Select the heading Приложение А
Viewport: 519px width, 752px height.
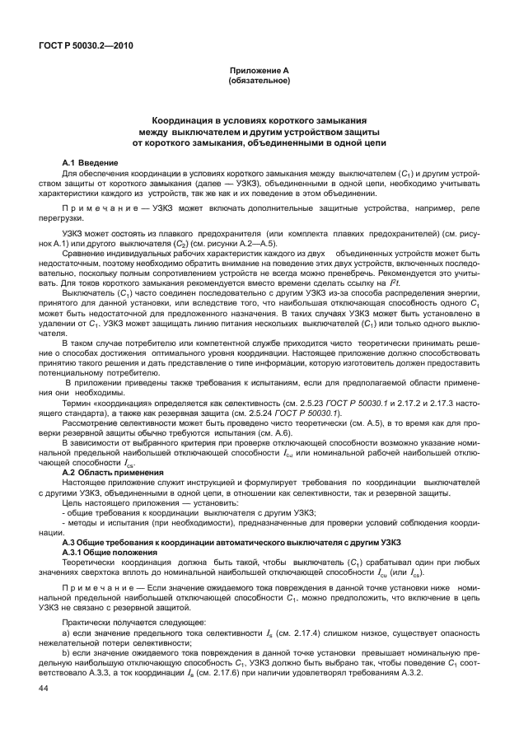pos(259,72)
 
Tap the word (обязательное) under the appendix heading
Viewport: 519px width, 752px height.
pos(259,82)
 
